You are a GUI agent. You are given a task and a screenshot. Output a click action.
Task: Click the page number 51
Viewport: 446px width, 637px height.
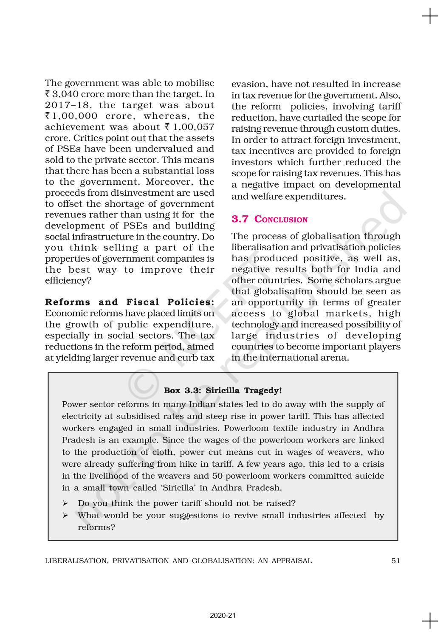click(x=395, y=561)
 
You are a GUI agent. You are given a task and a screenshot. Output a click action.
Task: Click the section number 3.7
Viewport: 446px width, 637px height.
click(x=240, y=219)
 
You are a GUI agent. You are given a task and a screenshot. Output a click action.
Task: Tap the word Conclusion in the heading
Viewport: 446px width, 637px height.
click(x=281, y=220)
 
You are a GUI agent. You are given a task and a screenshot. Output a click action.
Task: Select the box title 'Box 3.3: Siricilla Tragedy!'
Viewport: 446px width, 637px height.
click(x=223, y=390)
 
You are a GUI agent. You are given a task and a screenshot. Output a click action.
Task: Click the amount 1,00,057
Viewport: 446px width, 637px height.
click(x=194, y=127)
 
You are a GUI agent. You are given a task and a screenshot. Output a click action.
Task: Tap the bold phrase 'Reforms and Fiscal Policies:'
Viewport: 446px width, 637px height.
click(x=130, y=302)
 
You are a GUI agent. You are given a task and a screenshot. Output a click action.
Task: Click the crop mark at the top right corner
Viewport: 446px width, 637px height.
click(x=430, y=17)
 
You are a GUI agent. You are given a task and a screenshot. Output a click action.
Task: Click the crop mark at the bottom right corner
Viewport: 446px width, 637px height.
click(x=430, y=620)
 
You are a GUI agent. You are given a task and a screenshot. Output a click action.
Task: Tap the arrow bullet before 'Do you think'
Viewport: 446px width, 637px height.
click(x=65, y=504)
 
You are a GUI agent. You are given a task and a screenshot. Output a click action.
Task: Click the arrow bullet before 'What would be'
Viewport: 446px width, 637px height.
click(x=65, y=516)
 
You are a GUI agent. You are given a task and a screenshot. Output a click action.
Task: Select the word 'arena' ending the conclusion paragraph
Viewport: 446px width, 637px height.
click(x=334, y=358)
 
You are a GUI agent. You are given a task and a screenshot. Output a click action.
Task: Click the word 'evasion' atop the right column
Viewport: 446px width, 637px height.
click(x=249, y=85)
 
